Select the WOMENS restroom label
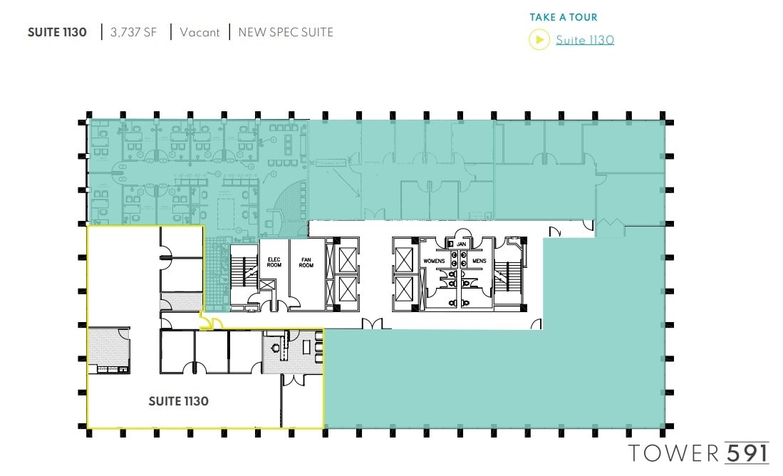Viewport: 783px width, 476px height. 435,261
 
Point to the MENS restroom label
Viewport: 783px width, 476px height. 478,261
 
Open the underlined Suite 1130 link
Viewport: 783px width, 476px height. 584,40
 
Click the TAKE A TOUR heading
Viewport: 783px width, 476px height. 563,17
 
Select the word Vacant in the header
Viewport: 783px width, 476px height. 199,32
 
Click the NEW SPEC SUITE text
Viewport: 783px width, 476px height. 285,32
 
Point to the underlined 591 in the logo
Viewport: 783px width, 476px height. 747,452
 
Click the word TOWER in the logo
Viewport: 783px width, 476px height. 674,452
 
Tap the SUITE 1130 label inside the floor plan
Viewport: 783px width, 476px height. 178,401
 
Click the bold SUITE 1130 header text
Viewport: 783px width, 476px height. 57,32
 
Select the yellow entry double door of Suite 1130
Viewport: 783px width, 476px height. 211,324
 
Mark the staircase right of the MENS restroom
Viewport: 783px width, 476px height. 510,275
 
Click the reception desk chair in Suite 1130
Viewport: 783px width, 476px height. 276,348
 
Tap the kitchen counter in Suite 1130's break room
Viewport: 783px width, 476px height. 109,369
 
